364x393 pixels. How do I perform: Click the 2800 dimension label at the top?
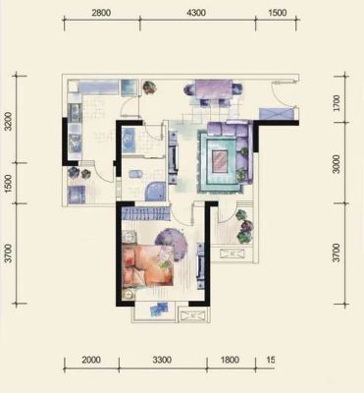101,13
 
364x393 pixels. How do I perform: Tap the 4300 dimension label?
196,13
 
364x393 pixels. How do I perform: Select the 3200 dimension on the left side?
9,121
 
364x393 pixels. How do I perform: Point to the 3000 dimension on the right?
336,164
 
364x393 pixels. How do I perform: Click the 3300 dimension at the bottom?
162,361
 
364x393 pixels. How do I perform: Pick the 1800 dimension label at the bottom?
230,361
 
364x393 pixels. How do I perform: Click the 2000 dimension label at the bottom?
91,361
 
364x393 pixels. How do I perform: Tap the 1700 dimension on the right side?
336,104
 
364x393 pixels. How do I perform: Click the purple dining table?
214,89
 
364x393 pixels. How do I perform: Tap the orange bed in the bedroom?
147,266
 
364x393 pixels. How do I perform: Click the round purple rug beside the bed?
172,243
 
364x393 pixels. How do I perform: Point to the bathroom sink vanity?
129,140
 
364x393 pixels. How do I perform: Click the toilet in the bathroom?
135,174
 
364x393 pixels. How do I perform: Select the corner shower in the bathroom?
155,192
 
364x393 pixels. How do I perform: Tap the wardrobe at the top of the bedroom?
145,213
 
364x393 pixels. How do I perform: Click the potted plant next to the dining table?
149,87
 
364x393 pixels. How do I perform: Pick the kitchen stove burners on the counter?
75,112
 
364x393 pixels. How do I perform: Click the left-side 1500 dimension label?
9,183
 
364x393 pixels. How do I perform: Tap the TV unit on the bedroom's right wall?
200,265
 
